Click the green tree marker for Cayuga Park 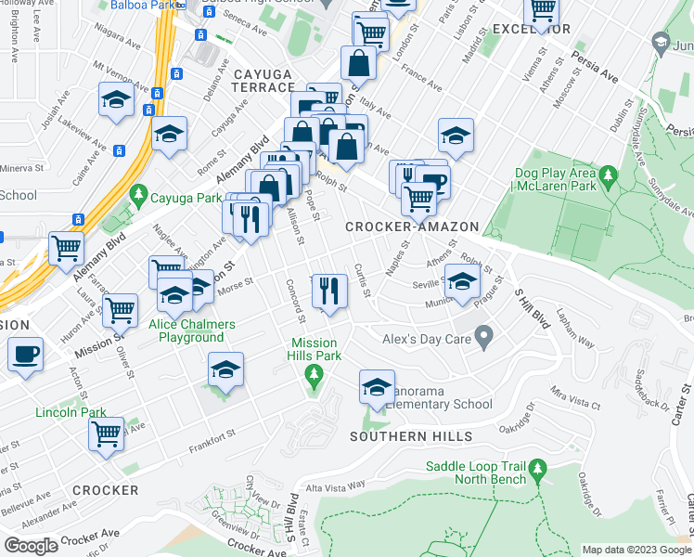tap(139, 196)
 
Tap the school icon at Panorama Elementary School tap(377, 389)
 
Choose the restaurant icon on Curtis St tap(329, 291)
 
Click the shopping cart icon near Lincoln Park tap(107, 433)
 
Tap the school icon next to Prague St tap(462, 281)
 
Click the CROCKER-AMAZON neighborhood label tap(412, 227)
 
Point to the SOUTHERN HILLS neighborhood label tap(412, 436)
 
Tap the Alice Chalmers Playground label tap(186, 331)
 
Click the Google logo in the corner tap(31, 546)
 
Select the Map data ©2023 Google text tap(636, 550)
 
